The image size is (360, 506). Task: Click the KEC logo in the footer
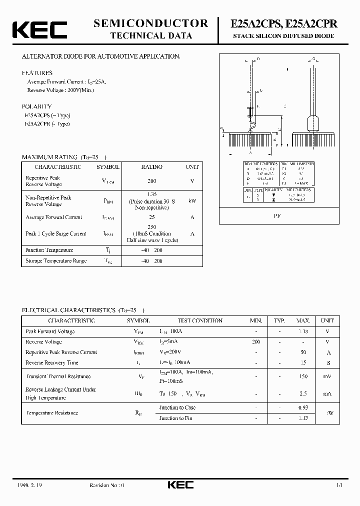(x=180, y=485)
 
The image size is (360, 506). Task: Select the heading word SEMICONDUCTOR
(x=150, y=23)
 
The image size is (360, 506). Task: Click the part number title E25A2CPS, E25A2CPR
(x=283, y=23)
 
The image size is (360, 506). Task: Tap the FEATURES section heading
(x=37, y=73)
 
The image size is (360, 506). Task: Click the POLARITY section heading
(x=36, y=106)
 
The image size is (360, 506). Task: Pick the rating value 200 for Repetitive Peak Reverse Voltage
(x=152, y=181)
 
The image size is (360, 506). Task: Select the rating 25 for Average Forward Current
(x=152, y=217)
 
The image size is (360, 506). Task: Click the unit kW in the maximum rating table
(x=192, y=201)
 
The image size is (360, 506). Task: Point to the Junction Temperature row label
(x=49, y=250)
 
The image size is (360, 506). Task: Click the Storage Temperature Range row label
(x=56, y=261)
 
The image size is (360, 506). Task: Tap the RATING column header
(x=152, y=167)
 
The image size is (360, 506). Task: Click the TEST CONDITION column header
(x=200, y=320)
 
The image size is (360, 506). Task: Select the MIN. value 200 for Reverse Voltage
(x=256, y=342)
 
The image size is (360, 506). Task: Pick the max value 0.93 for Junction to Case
(x=303, y=408)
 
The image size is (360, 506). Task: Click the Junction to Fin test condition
(x=175, y=418)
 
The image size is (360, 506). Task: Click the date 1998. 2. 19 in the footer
(x=32, y=485)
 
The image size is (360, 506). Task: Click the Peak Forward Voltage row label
(x=50, y=331)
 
